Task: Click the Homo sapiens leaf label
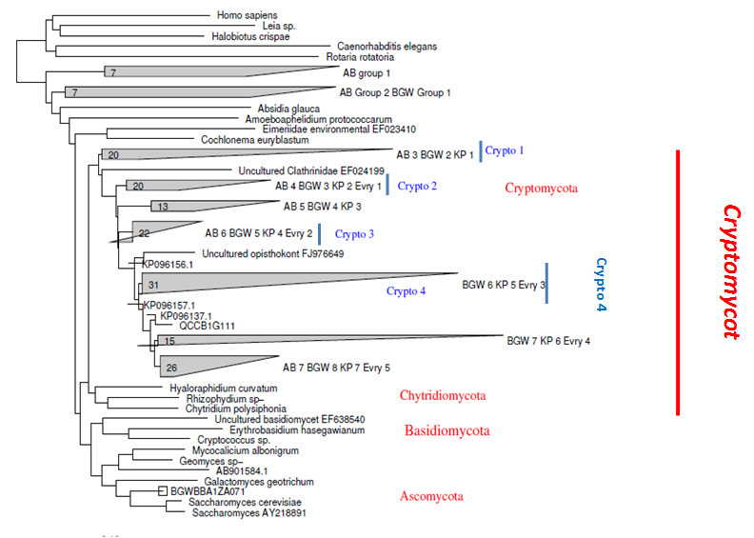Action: coord(244,15)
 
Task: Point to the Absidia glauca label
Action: coord(288,108)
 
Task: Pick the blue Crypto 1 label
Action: coord(505,150)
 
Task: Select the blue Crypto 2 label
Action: coord(417,185)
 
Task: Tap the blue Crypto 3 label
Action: coord(354,233)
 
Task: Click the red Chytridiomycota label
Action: coord(443,395)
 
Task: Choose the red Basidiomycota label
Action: coord(446,431)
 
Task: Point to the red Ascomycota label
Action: coord(432,496)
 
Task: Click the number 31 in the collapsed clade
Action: coord(153,285)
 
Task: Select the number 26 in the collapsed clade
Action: coord(172,367)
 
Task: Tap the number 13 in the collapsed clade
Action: coord(162,207)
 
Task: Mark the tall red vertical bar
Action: coord(677,282)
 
